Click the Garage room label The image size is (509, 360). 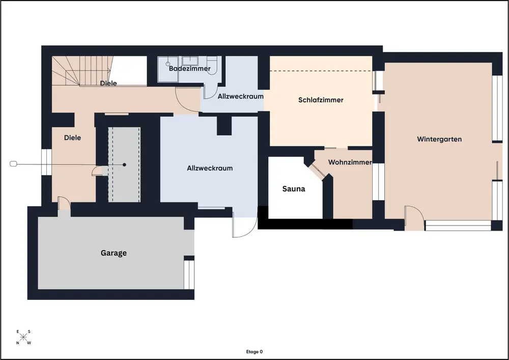(114, 253)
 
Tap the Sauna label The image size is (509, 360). (294, 188)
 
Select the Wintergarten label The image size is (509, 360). (439, 139)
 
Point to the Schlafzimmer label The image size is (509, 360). (321, 100)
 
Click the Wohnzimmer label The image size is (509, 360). (350, 162)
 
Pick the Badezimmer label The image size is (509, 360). (189, 69)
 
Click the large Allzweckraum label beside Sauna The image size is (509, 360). (210, 168)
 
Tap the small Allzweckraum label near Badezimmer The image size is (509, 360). (241, 96)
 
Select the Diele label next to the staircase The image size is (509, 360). (108, 83)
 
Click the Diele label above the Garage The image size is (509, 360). (72, 137)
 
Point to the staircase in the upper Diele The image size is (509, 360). (82, 71)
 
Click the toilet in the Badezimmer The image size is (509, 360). (212, 65)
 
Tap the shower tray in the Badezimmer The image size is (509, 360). (168, 69)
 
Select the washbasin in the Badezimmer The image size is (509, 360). (190, 61)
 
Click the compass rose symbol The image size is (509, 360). (23, 337)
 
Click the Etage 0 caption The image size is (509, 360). (254, 351)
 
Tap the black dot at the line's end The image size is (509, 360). (124, 164)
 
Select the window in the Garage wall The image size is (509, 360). (189, 274)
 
